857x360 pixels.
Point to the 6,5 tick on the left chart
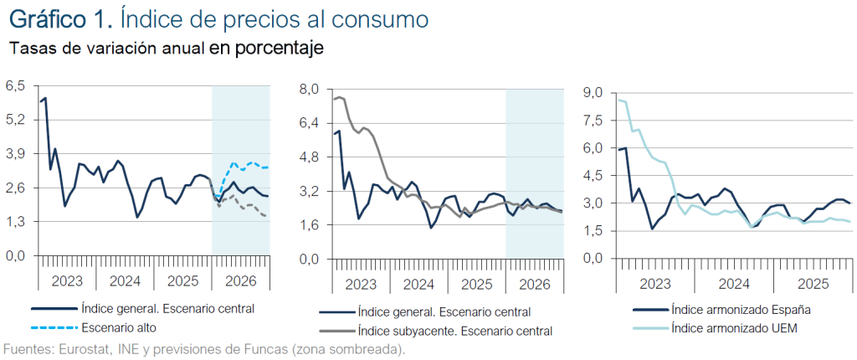coord(16,85)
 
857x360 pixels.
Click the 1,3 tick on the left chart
coord(16,221)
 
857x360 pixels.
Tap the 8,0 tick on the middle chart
coord(309,89)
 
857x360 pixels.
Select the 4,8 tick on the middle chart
coord(309,157)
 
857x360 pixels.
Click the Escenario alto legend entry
coord(118,327)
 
